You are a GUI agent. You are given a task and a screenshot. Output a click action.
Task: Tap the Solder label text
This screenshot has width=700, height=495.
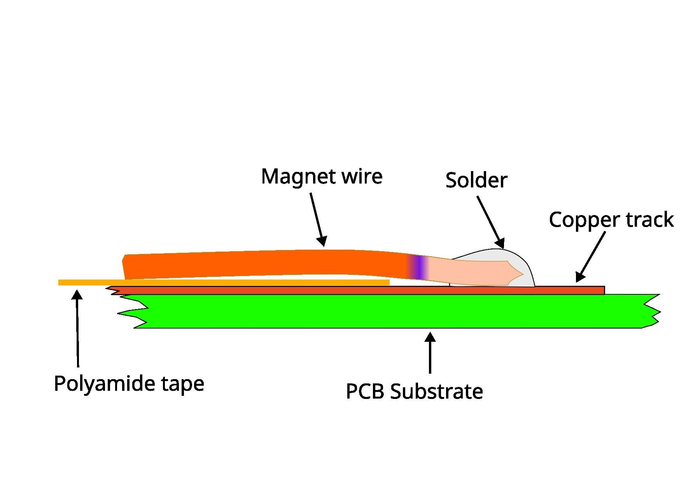(x=476, y=180)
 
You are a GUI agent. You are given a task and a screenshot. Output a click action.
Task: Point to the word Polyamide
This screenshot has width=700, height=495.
(x=105, y=384)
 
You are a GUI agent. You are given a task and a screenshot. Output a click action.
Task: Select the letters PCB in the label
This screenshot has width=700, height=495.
(x=365, y=391)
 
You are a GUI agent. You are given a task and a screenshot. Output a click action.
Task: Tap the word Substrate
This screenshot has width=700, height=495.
(x=436, y=391)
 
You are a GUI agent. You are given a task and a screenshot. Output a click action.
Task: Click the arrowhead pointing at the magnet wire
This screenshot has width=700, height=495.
(x=322, y=241)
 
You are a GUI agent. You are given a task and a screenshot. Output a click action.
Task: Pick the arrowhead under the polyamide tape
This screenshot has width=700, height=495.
(x=77, y=294)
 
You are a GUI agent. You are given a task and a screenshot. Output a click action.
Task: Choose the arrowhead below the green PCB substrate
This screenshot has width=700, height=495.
(x=430, y=336)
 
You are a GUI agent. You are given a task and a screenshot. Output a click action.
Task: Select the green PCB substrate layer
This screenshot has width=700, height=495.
(x=389, y=311)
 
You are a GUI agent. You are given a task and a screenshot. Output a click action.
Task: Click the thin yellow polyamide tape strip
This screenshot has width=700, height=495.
(x=224, y=283)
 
